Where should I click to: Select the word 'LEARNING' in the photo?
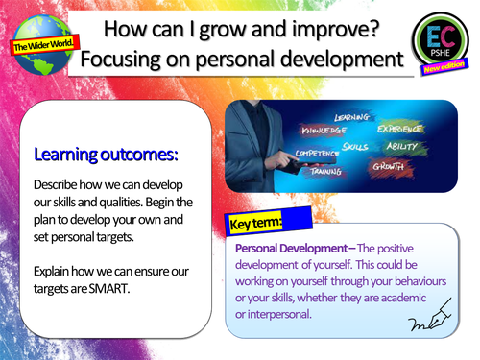[x=351, y=117]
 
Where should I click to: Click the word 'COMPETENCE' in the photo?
[x=313, y=152]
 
